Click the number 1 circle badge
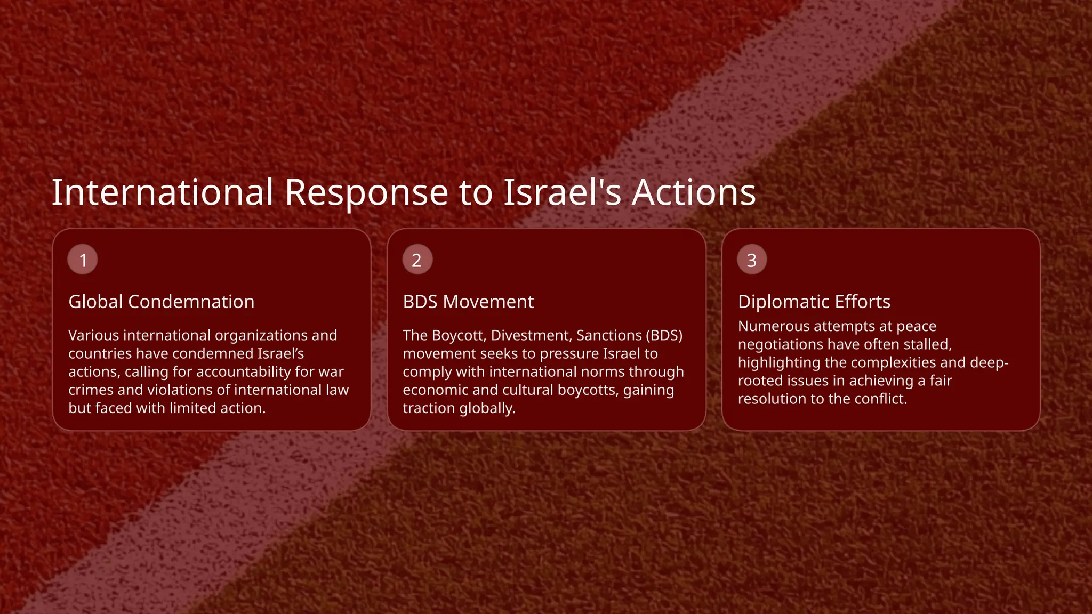click(83, 260)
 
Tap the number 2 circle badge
click(417, 260)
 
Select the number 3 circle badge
click(752, 260)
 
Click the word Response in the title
click(366, 192)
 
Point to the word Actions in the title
click(694, 192)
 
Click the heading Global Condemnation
click(161, 302)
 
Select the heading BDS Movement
click(468, 302)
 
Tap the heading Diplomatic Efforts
click(814, 302)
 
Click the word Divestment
click(531, 335)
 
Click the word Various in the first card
click(93, 335)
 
